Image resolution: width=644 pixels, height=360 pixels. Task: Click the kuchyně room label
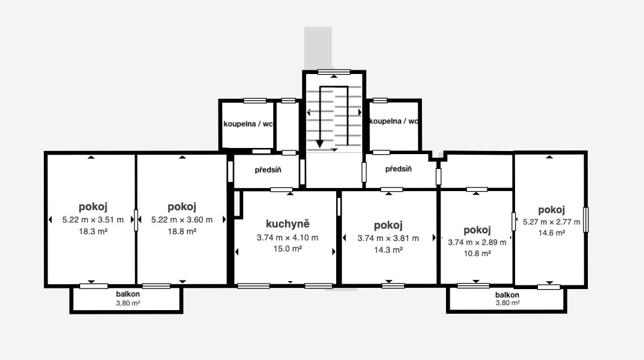(x=287, y=224)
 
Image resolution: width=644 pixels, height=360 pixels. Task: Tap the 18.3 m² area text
(x=93, y=231)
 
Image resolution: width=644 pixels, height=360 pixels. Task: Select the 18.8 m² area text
(x=182, y=231)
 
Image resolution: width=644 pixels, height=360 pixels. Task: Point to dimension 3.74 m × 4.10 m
(x=287, y=237)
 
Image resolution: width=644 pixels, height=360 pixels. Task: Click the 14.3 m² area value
(x=388, y=250)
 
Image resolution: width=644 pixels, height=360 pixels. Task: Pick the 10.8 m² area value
(x=477, y=253)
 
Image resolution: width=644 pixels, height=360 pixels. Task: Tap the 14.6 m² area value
(x=551, y=233)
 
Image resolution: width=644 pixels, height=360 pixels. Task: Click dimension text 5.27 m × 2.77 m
(x=551, y=222)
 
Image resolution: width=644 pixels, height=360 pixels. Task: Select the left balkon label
(x=128, y=295)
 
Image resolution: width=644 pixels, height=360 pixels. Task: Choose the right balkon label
(x=507, y=295)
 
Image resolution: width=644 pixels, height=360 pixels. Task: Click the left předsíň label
(x=268, y=170)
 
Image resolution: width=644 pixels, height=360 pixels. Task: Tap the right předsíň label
(x=398, y=169)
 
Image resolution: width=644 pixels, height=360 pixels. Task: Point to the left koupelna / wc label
(x=247, y=123)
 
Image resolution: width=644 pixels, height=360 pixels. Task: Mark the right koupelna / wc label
(x=394, y=121)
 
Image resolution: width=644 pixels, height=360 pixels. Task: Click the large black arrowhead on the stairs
(x=320, y=144)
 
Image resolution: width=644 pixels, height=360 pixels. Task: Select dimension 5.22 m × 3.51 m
(x=93, y=219)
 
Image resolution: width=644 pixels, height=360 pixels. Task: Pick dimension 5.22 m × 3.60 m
(x=182, y=219)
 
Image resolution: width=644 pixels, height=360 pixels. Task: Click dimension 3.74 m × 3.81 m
(x=388, y=238)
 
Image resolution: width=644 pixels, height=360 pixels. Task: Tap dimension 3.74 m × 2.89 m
(x=477, y=242)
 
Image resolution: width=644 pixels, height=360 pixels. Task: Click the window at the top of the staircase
(x=334, y=71)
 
